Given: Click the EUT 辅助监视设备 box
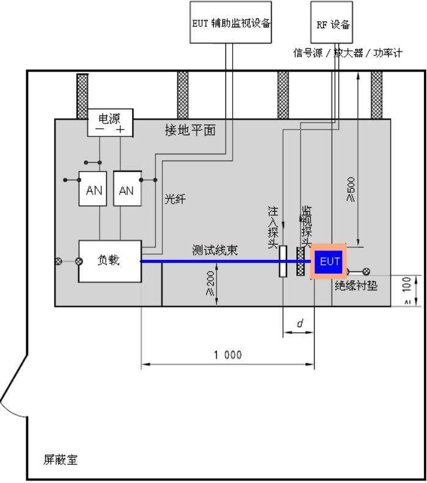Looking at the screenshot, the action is pos(230,22).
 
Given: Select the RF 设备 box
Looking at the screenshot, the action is pos(332,22).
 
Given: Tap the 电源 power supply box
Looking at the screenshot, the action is pos(110,123).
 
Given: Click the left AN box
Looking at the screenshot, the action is pos(93,188).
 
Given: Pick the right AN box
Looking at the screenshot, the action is pos(128,188).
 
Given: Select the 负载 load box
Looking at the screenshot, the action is pos(110,261).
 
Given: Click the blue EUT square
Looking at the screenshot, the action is pos(329,262).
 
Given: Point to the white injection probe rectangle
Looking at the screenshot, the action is pos(283,261).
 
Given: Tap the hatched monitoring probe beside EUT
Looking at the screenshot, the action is pos(301,261).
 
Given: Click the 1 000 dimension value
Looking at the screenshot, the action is pos(228,355).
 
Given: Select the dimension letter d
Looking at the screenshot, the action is pos(300,323).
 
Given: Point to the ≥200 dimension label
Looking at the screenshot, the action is pos(210,283).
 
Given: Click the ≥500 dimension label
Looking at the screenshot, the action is pos(351,189).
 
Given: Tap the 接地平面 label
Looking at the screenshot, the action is pos(190,130).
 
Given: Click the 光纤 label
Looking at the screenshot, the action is pos(175,199).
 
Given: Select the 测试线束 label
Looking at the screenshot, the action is pos(215,250).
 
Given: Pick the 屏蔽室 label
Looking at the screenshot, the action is pos(60,460).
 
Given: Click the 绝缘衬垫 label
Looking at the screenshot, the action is pos(356,286).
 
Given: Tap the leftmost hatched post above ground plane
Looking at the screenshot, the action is pos(82,96).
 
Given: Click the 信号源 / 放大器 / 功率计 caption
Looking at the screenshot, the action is pos(348,53).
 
